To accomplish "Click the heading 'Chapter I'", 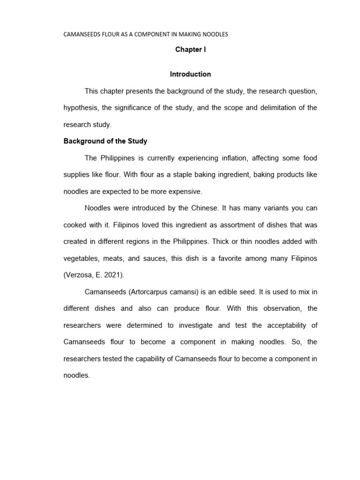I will (190, 49).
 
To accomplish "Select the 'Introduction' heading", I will (190, 74).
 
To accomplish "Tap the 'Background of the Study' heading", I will (105, 141).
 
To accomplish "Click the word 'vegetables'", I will (79, 258).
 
